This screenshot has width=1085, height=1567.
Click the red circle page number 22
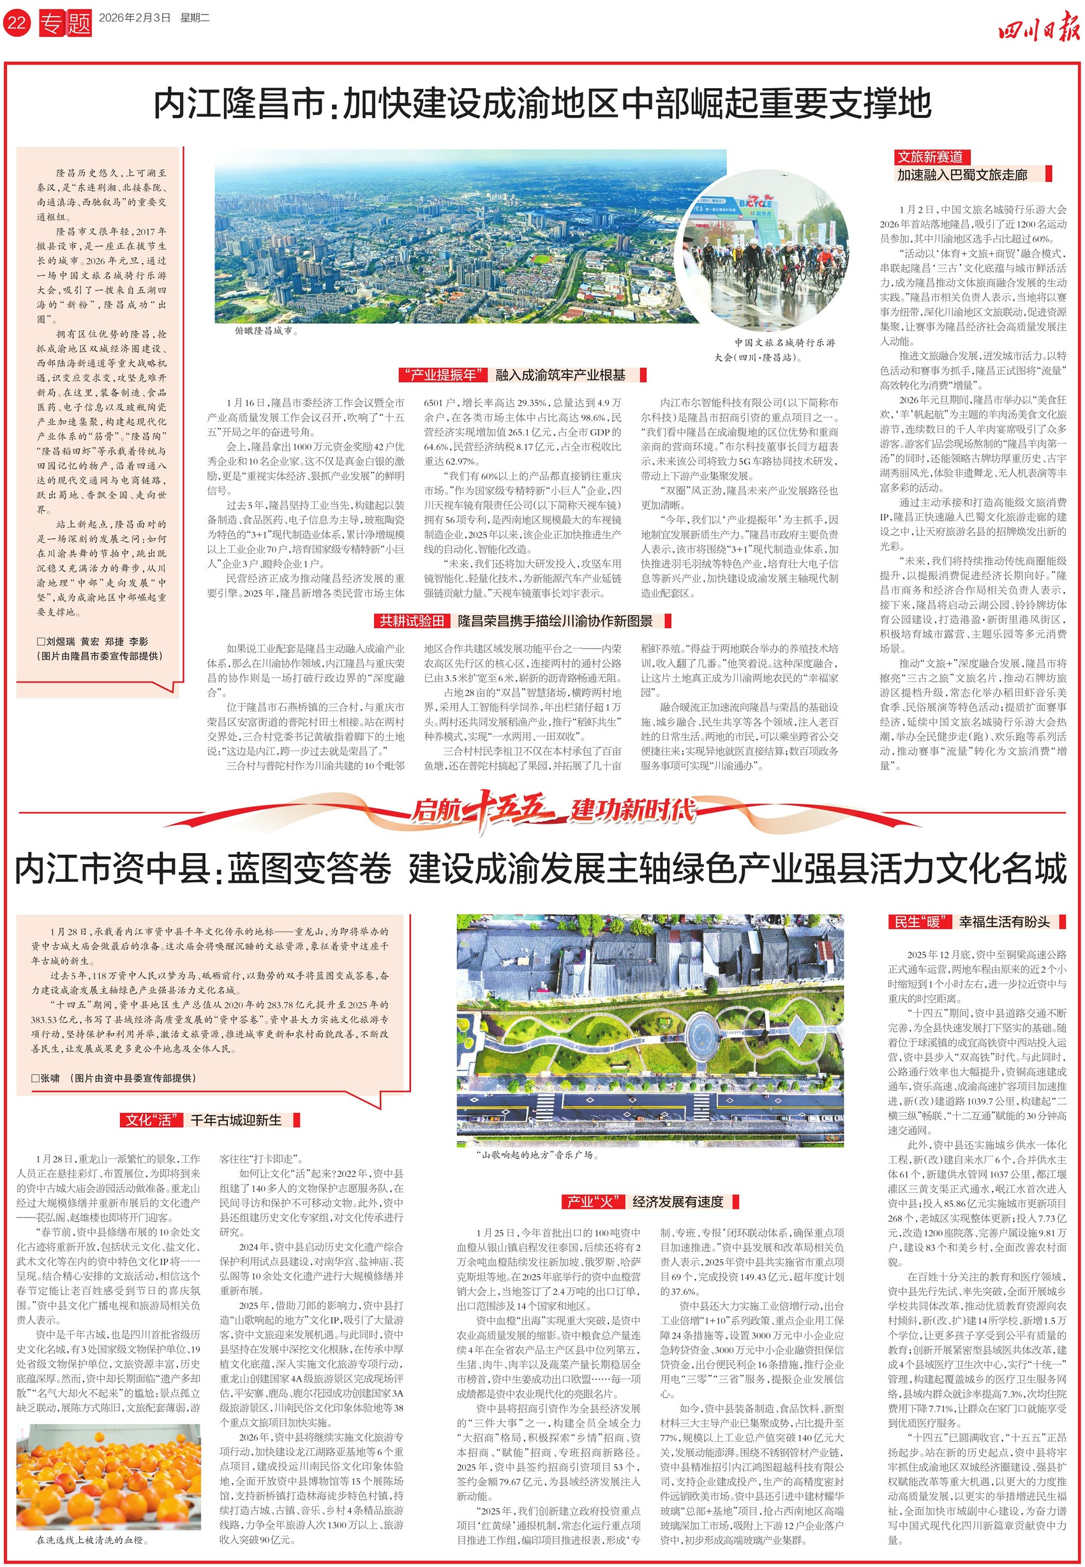[17, 22]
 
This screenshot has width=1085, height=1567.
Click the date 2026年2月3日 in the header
[134, 19]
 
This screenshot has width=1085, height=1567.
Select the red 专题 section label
[65, 23]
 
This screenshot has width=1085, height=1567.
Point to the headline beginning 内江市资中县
[541, 870]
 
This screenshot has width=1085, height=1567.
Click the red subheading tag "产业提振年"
[442, 375]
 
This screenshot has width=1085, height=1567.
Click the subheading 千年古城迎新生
[236, 1120]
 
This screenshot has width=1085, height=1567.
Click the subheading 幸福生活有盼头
[1004, 922]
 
